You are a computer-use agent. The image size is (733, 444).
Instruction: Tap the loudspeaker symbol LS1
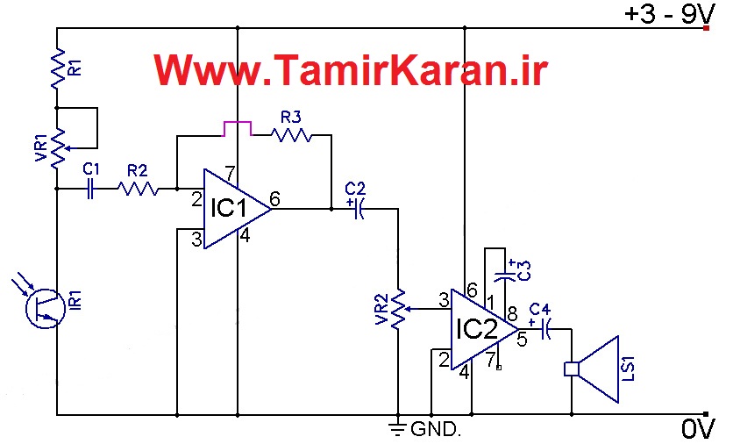click(592, 369)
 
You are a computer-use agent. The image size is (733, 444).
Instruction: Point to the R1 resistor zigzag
click(58, 68)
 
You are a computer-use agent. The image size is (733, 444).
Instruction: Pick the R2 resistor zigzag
click(138, 189)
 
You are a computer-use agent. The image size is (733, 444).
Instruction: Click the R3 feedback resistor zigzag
click(291, 135)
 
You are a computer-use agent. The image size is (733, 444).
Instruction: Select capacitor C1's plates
click(90, 189)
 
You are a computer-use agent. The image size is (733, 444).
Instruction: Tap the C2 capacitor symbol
click(359, 209)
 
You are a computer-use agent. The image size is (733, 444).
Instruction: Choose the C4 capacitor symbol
click(545, 329)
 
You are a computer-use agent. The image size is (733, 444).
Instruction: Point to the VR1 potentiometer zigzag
click(58, 148)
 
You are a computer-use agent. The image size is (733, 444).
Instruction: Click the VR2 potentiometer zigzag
click(399, 309)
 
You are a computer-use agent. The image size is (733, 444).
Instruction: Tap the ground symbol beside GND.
click(398, 426)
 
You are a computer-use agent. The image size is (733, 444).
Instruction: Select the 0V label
click(698, 428)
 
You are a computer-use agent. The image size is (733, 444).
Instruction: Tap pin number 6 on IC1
click(275, 199)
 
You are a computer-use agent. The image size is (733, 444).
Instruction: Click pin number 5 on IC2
click(523, 340)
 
